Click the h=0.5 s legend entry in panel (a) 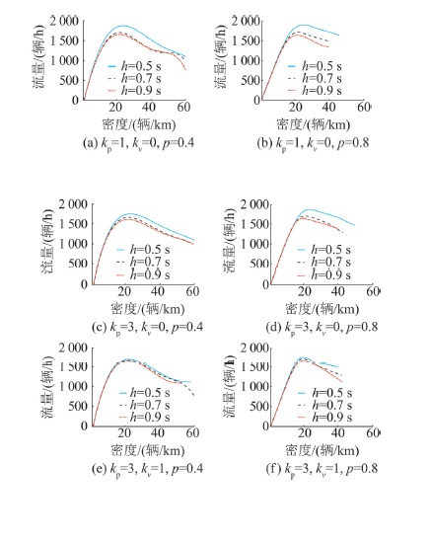134,66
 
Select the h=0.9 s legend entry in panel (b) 315,91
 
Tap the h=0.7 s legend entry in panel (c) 143,263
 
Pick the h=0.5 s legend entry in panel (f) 324,393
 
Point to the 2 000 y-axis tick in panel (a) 64,22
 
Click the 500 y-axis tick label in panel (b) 250,80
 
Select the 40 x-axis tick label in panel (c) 158,291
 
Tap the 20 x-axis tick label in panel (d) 305,291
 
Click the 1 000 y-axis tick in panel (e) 73,386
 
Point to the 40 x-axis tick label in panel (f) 338,432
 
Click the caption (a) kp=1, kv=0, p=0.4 138,143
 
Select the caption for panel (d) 322,328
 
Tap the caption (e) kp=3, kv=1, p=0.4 147,469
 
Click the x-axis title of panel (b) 313,124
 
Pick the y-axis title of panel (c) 47,242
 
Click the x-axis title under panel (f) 323,450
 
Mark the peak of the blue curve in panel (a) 122,26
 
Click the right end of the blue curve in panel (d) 354,225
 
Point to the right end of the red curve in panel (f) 341,382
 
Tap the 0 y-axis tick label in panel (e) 84,425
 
